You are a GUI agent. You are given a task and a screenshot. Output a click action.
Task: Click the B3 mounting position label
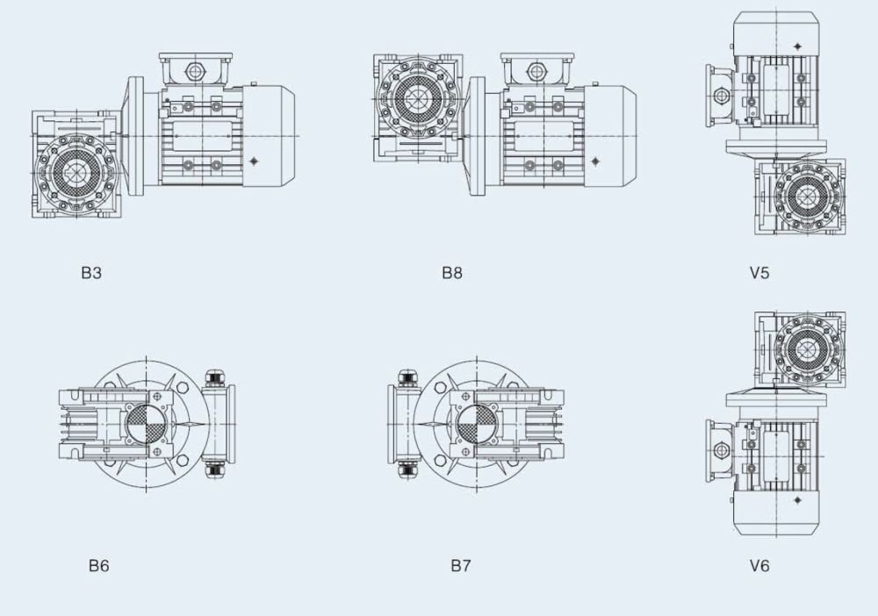point(91,273)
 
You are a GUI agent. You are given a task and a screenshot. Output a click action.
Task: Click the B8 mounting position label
point(452,273)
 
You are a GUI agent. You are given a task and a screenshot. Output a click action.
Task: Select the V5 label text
point(759,273)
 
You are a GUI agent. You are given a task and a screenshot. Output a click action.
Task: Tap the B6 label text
point(98,566)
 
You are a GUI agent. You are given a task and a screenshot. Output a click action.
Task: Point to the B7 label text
point(460,566)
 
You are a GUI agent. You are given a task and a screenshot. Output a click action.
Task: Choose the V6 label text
point(759,566)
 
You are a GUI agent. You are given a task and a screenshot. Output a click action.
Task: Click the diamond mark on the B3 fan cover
point(255,161)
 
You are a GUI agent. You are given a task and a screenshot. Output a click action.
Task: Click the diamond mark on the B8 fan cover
point(594,161)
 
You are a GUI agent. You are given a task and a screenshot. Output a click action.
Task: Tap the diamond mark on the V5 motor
point(797,47)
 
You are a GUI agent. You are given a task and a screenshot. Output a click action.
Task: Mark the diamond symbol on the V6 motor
point(797,500)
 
